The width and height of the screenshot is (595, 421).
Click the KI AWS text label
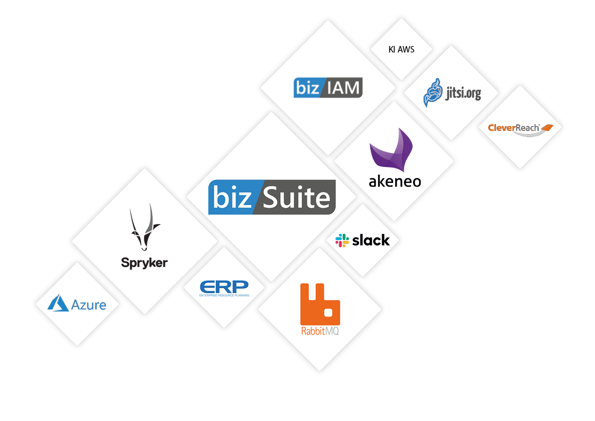click(401, 49)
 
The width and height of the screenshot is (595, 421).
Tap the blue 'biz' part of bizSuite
click(232, 197)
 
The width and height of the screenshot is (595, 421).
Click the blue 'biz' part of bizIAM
click(308, 88)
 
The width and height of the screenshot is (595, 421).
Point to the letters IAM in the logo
click(343, 88)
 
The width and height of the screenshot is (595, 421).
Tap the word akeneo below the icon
click(395, 180)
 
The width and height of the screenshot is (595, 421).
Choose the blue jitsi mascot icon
click(433, 92)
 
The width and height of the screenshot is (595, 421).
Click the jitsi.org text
click(463, 92)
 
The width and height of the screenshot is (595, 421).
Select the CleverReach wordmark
click(514, 127)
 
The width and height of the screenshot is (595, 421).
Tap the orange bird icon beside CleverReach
click(547, 127)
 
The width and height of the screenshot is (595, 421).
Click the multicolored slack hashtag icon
click(342, 240)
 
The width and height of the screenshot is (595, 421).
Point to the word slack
click(371, 240)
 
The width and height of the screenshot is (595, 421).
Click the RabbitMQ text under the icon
click(320, 331)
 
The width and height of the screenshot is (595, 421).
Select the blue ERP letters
click(224, 286)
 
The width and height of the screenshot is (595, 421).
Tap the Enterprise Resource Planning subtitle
click(224, 295)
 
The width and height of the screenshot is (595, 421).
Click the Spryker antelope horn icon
click(144, 228)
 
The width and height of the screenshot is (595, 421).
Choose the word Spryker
click(144, 262)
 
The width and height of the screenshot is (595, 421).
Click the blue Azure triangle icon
click(58, 303)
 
